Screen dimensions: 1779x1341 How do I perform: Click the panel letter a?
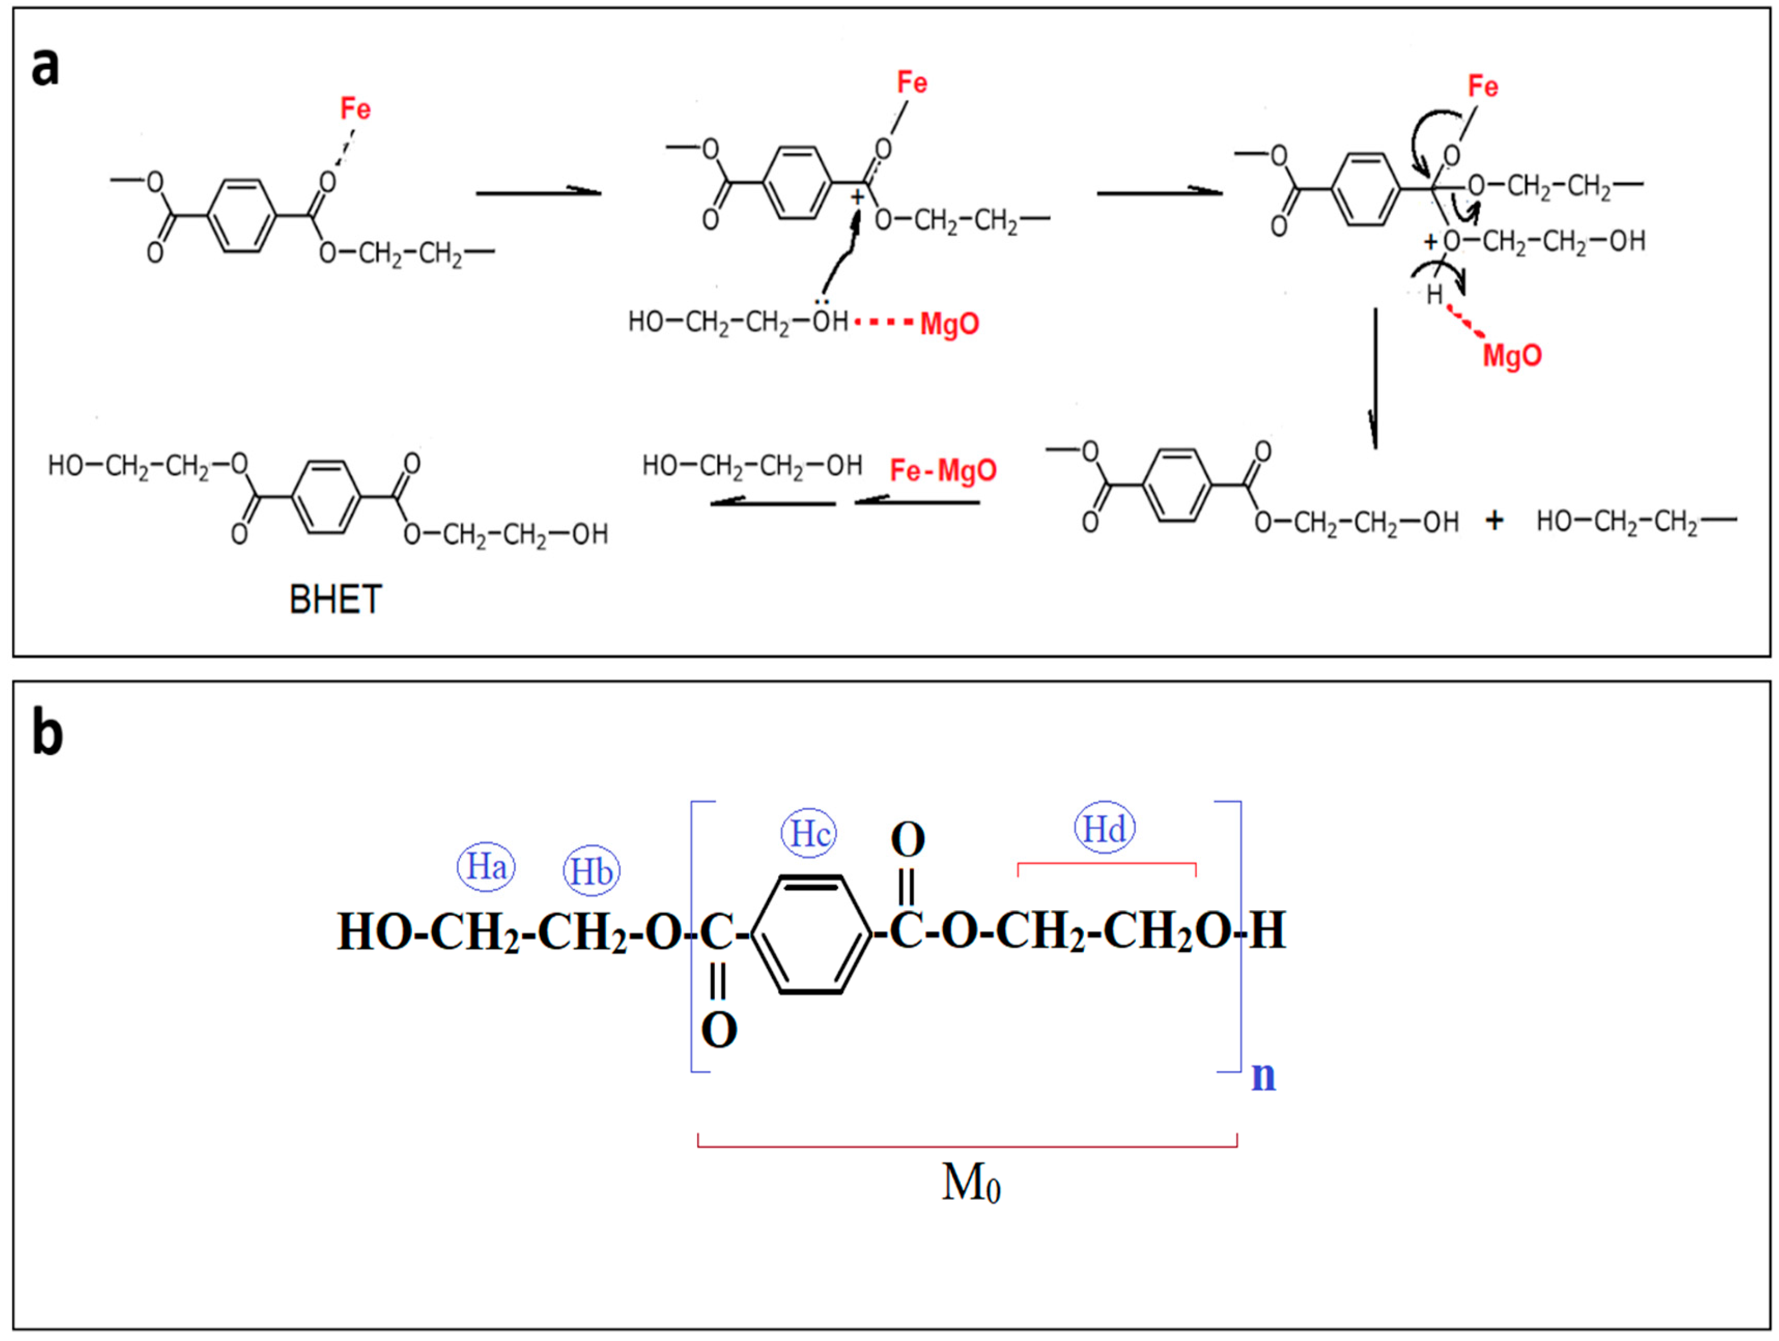point(45,67)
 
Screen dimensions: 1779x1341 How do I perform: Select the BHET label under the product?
point(335,600)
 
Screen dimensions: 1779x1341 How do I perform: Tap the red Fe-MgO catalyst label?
point(942,470)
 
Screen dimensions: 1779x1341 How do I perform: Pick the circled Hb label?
point(591,871)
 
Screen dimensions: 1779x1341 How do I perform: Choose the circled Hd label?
point(1105,829)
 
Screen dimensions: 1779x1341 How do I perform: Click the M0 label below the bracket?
point(970,1183)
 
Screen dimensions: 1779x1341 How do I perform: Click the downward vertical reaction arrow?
point(1375,378)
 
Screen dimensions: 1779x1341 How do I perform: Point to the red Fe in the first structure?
point(355,108)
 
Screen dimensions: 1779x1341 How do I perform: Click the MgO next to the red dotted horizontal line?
point(950,324)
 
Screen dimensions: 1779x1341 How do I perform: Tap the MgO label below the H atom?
point(1512,355)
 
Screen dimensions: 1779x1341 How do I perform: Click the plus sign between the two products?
point(1494,521)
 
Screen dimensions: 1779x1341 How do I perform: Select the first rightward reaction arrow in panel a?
point(538,192)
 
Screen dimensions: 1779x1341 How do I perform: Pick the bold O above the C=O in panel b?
point(908,840)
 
